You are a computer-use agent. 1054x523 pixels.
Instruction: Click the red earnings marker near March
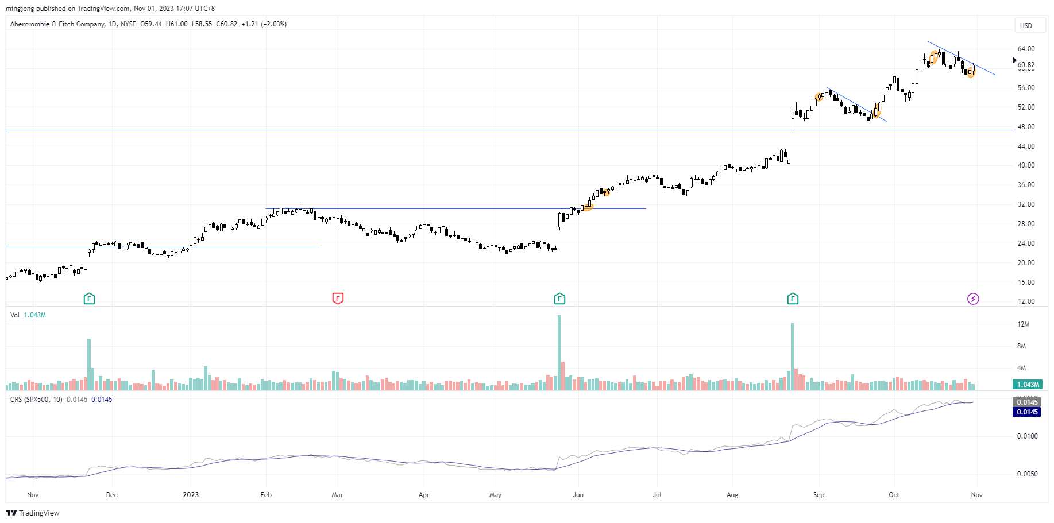tap(338, 299)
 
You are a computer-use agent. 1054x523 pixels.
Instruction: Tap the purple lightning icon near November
tap(973, 299)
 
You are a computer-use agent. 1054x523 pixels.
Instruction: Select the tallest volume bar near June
tap(559, 352)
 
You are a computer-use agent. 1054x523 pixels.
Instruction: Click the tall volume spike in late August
tap(793, 357)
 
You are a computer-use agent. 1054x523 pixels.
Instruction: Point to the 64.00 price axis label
tap(1026, 49)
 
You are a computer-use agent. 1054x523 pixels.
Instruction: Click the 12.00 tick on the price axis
tap(1026, 301)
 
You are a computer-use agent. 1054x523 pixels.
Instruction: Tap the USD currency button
tap(1026, 26)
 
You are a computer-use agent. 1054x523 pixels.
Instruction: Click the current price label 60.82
tap(1026, 65)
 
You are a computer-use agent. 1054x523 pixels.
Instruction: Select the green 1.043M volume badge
tap(1028, 385)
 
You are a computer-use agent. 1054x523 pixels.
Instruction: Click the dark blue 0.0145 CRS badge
tap(1027, 412)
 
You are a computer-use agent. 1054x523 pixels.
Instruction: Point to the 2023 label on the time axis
tap(191, 495)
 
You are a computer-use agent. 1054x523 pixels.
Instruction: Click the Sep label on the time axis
tap(819, 495)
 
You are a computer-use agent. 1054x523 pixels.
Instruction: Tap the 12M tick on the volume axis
tap(1023, 324)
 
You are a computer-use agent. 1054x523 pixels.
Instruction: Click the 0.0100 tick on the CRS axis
tap(1027, 436)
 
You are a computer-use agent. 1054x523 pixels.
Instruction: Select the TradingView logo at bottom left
tap(33, 513)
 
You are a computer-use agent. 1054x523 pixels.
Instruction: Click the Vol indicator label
tap(15, 315)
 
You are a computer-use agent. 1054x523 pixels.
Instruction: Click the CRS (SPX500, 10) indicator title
tap(36, 400)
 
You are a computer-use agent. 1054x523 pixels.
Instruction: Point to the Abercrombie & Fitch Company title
tap(57, 24)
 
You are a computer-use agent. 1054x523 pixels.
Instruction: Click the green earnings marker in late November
tap(89, 299)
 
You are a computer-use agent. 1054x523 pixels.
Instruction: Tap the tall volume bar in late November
tap(89, 365)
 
